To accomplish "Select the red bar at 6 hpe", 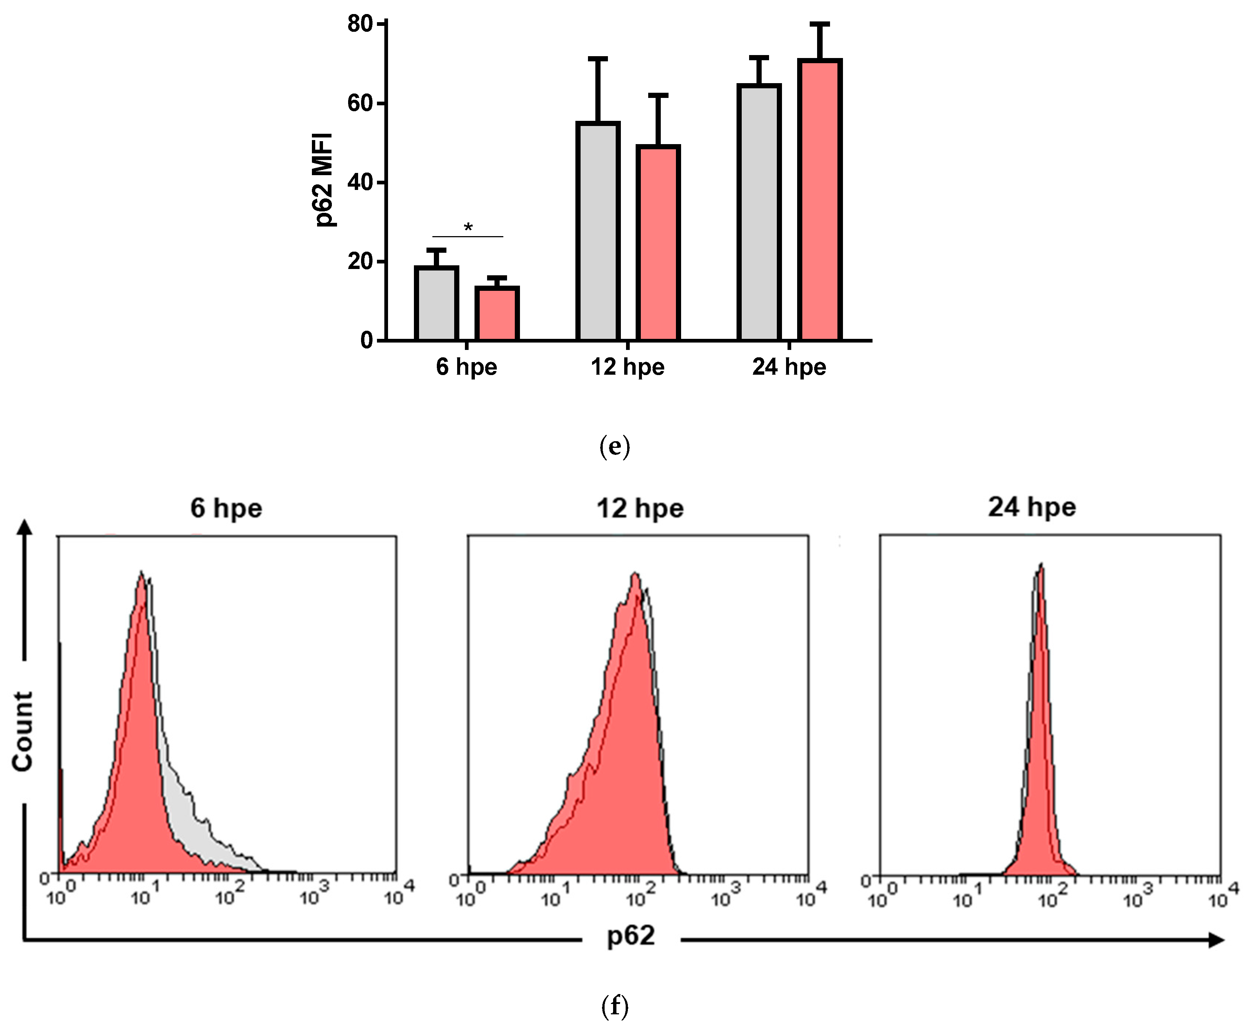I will coord(497,314).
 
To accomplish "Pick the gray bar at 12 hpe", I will coord(598,231).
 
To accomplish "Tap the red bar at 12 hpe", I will coord(657,243).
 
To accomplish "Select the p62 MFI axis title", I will coord(324,181).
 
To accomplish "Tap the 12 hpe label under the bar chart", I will coord(627,367).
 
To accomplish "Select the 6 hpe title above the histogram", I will coord(226,508).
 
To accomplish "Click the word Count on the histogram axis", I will coord(23,731).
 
